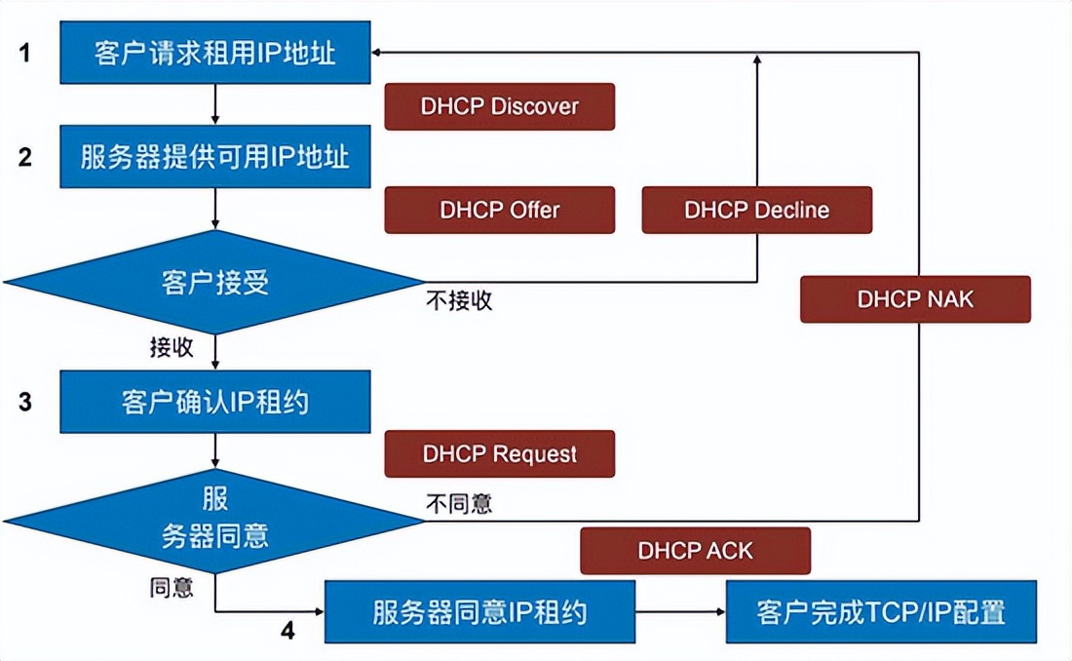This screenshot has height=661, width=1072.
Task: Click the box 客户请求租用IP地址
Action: (x=214, y=53)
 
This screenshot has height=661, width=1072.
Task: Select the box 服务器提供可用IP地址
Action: (x=214, y=156)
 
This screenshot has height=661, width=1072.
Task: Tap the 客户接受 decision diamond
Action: (x=214, y=283)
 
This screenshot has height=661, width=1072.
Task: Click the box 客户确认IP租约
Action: (x=214, y=401)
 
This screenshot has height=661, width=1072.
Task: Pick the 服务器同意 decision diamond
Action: (x=214, y=519)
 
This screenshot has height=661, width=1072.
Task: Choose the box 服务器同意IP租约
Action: (x=479, y=612)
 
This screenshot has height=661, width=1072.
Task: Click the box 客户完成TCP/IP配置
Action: (x=881, y=612)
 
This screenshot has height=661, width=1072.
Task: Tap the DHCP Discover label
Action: (x=499, y=106)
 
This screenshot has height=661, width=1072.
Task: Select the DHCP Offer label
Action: (x=499, y=210)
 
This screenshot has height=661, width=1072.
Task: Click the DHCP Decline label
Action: (x=756, y=210)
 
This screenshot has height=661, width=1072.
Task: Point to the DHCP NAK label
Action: (x=914, y=298)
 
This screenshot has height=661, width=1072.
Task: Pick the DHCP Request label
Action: (x=499, y=453)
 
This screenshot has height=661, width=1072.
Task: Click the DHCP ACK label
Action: (x=695, y=550)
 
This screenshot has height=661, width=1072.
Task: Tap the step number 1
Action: (x=25, y=53)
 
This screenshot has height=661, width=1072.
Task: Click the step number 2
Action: (x=25, y=156)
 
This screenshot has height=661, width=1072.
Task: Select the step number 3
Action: (x=25, y=401)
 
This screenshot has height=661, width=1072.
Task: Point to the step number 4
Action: (x=287, y=631)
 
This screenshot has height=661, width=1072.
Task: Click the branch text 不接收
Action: (x=459, y=301)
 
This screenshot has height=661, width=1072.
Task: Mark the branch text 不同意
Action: (x=459, y=503)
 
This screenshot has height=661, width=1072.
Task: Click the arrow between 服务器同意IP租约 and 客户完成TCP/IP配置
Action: (x=680, y=612)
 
